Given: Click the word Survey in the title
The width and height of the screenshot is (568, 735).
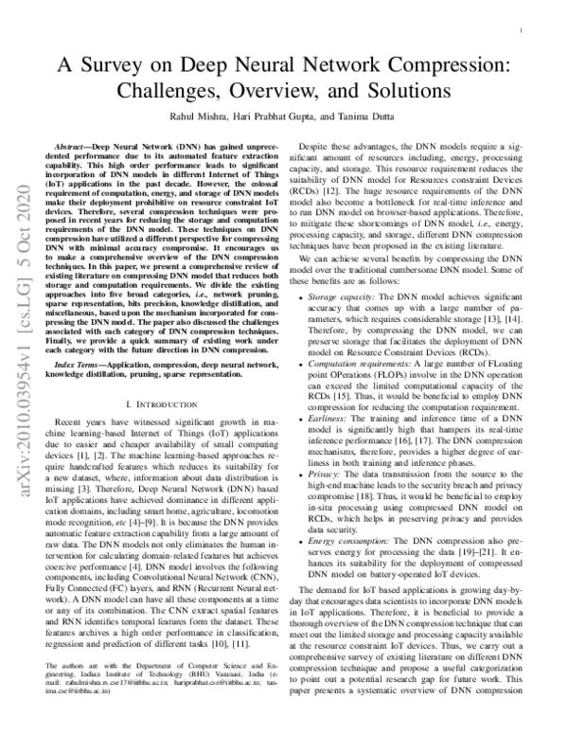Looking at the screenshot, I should (133, 65).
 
